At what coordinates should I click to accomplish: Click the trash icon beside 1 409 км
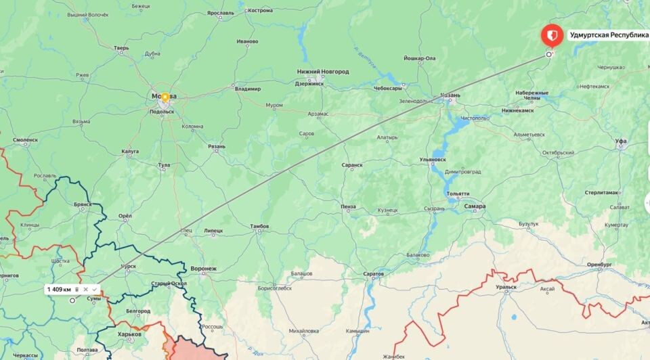77,290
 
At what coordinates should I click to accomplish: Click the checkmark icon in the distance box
95,290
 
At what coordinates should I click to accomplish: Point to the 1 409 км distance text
59,290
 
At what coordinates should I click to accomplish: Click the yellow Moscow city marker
165,97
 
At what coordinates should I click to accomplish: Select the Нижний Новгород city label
323,72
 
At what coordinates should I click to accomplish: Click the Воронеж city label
203,269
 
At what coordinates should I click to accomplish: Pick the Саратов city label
373,274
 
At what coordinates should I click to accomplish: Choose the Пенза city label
349,206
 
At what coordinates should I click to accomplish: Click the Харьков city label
129,334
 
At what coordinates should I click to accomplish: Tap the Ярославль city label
221,13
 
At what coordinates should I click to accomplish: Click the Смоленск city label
25,140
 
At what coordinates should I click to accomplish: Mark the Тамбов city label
259,226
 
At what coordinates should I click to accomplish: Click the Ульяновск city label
433,160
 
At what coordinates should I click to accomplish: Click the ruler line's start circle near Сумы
72,300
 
